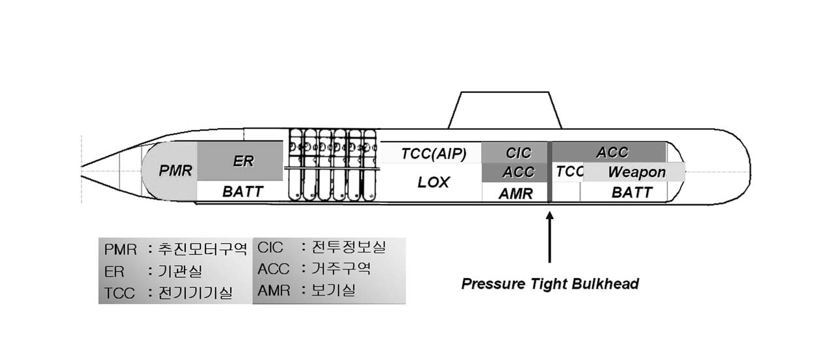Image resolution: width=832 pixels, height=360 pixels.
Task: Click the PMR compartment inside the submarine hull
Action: coord(174,172)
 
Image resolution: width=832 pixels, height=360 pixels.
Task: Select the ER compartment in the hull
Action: coord(242,161)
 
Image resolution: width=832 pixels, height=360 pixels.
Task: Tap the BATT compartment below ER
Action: coord(242,192)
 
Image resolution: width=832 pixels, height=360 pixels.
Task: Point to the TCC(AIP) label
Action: coord(434,154)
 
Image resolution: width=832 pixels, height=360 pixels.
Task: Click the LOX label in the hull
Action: coord(434,183)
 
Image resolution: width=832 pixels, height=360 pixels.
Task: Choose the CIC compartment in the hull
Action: coord(517,153)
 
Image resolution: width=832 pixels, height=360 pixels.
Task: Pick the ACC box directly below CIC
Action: coord(517,172)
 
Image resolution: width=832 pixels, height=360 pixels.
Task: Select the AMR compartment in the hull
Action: coord(516,193)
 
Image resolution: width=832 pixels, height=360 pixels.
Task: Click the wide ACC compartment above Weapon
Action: coord(611,152)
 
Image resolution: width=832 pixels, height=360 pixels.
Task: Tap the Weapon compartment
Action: coord(636,172)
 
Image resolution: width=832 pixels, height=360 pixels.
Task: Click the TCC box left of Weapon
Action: coord(569,172)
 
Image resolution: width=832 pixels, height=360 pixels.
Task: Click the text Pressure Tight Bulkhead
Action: coord(550,284)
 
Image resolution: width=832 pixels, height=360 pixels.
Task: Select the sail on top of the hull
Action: coord(504,110)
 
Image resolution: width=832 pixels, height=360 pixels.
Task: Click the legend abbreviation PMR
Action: coord(120,249)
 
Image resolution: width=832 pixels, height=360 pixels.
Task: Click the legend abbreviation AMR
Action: coord(274,290)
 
